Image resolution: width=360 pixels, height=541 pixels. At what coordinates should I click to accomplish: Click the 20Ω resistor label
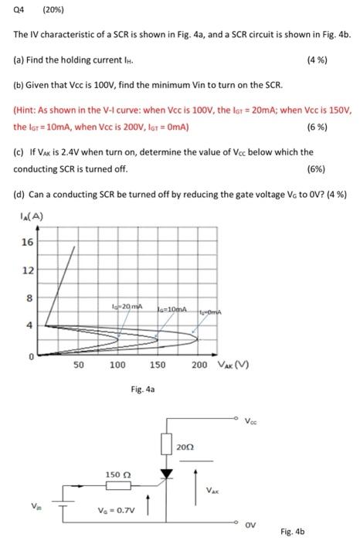point(185,447)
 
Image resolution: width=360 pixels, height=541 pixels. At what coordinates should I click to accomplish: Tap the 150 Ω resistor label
point(118,473)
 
